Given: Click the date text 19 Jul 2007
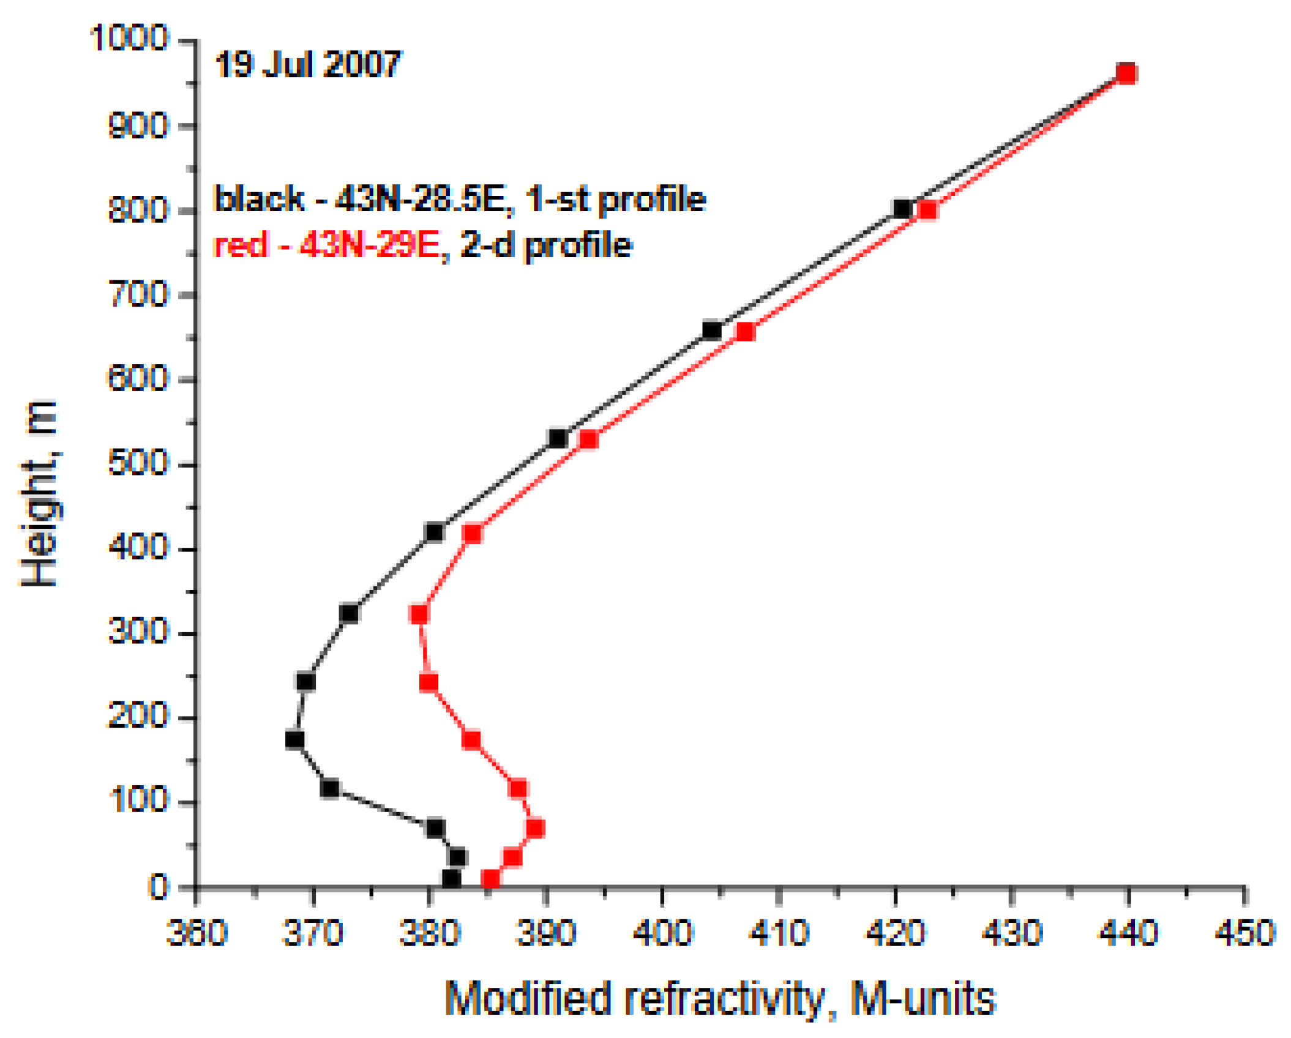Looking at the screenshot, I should pyautogui.click(x=307, y=64).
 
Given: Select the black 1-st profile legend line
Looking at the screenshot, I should pyautogui.click(x=459, y=199).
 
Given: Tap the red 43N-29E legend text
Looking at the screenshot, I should pyautogui.click(x=326, y=245).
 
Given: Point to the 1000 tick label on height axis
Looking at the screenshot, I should pyautogui.click(x=129, y=38).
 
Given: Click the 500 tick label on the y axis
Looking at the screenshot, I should pyautogui.click(x=138, y=463).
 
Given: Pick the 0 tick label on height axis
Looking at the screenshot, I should pyautogui.click(x=159, y=887).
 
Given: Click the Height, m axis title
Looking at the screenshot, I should pyautogui.click(x=40, y=493).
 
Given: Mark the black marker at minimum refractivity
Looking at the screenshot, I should pyautogui.click(x=294, y=740).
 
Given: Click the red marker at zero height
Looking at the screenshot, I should pyautogui.click(x=490, y=879).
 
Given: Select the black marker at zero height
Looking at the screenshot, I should pyautogui.click(x=451, y=879).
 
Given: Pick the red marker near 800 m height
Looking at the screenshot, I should pyautogui.click(x=927, y=211).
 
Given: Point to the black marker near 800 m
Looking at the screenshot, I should pyautogui.click(x=902, y=209).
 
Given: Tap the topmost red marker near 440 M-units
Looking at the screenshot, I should pyautogui.click(x=1126, y=73).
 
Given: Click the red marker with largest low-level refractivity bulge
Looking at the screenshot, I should pyautogui.click(x=535, y=829).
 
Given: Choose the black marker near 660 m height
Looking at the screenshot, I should pyautogui.click(x=711, y=330).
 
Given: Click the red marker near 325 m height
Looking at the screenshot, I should pyautogui.click(x=419, y=614).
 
